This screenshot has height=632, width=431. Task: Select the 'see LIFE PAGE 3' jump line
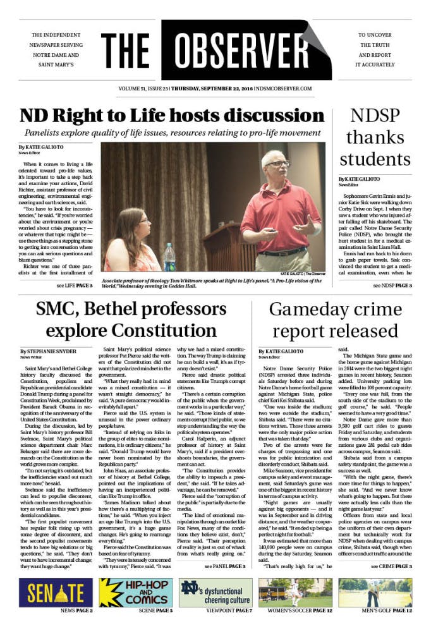(x=74, y=286)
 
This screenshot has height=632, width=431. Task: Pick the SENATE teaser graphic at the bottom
(x=56, y=592)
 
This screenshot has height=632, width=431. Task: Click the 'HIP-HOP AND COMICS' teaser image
(x=135, y=592)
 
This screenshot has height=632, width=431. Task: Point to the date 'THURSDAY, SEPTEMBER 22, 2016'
(x=200, y=90)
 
